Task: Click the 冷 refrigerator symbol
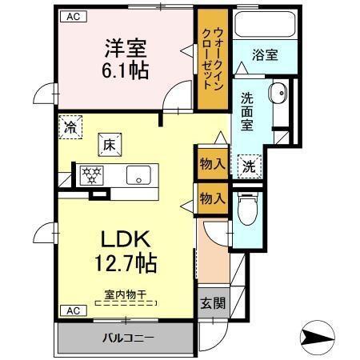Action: (x=71, y=127)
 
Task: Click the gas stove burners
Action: (x=88, y=175)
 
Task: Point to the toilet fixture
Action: (x=247, y=210)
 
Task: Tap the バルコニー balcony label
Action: (x=126, y=337)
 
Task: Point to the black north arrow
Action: (x=321, y=337)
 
